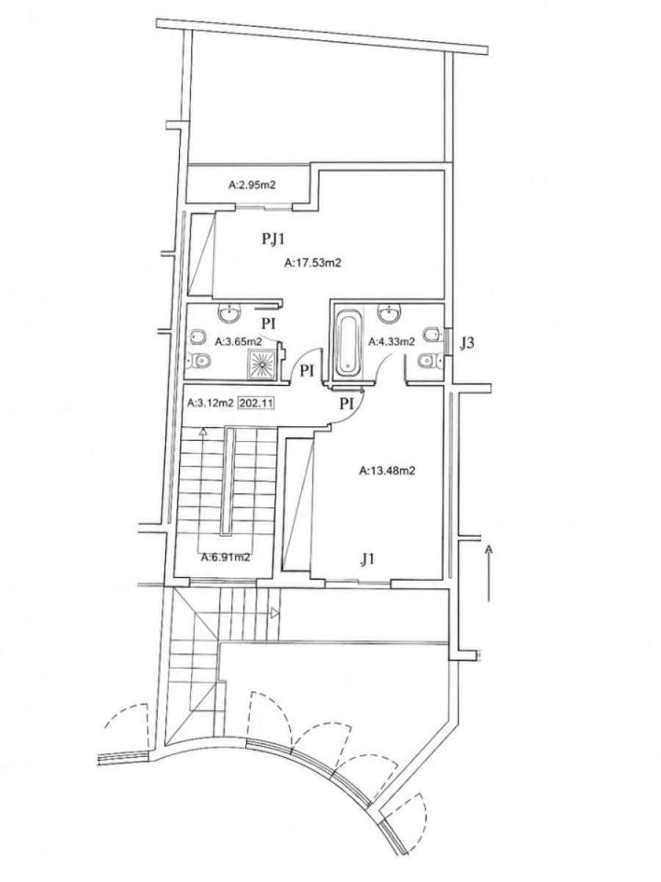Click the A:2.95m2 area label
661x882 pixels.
(252, 185)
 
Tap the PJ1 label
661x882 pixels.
(273, 239)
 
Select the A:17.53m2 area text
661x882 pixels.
(313, 263)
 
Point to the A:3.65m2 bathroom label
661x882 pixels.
(239, 342)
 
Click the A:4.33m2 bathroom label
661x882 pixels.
(391, 342)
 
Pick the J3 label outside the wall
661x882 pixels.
(467, 343)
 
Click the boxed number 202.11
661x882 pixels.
(256, 403)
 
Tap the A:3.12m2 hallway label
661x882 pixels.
(210, 403)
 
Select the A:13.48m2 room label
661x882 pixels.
(387, 470)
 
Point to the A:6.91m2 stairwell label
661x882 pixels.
(225, 557)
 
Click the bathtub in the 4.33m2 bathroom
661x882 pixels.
(347, 344)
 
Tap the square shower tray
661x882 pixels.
(262, 364)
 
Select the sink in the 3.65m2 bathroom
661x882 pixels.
(230, 312)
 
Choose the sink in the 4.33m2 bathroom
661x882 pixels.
(389, 312)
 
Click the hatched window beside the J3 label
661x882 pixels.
(448, 342)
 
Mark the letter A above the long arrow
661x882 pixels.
(488, 548)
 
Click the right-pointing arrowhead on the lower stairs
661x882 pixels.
(275, 612)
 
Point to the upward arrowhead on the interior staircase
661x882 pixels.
(203, 432)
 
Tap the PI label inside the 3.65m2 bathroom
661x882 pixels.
(269, 323)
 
